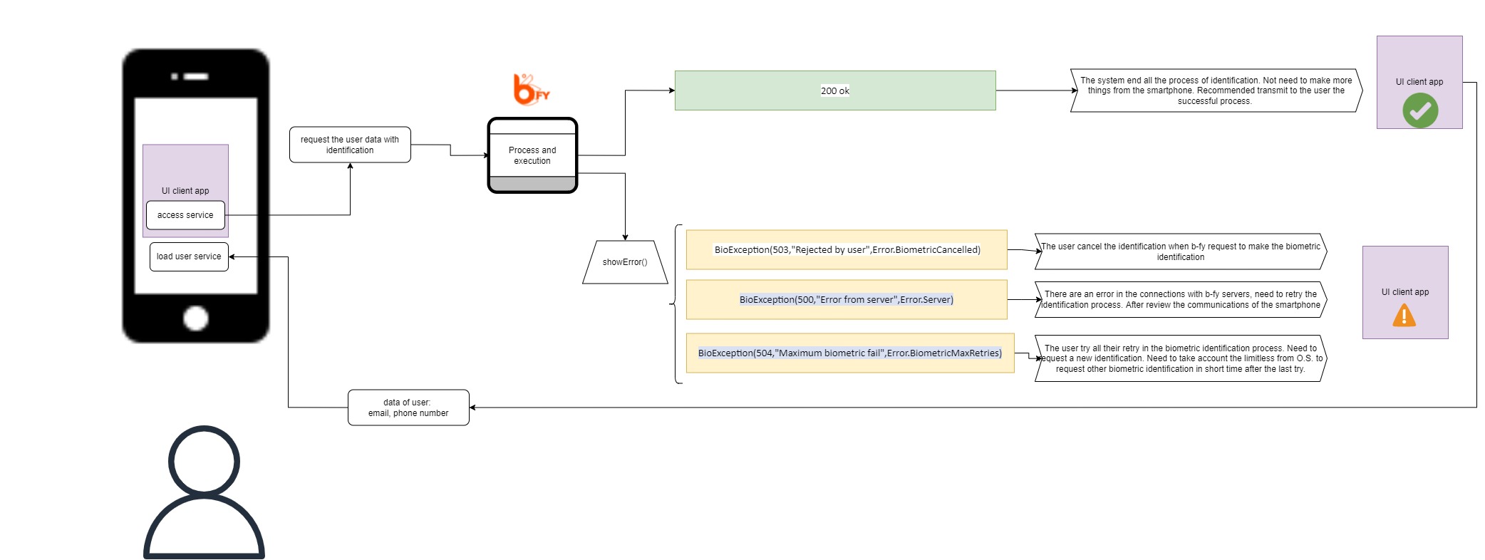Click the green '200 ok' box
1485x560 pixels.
point(835,90)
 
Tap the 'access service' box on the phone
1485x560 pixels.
point(185,215)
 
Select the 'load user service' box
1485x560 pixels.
point(189,256)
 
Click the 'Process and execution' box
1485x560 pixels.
point(532,155)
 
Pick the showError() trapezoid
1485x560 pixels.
point(625,262)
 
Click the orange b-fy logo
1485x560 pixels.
point(532,89)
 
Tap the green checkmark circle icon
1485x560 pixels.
point(1420,110)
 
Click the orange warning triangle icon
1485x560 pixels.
point(1404,315)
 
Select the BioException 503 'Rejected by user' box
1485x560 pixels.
point(847,249)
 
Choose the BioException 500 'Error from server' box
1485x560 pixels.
point(847,299)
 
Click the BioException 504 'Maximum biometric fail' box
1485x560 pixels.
point(850,353)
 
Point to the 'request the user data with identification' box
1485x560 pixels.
point(350,145)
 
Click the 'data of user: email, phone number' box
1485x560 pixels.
point(408,408)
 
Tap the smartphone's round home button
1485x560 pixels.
point(196,318)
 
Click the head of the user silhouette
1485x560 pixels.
point(204,461)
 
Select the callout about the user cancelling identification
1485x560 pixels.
point(1181,252)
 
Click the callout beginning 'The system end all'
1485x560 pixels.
point(1216,90)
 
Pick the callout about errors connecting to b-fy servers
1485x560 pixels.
point(1181,299)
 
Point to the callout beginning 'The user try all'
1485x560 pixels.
point(1181,358)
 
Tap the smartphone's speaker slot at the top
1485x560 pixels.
point(196,76)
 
